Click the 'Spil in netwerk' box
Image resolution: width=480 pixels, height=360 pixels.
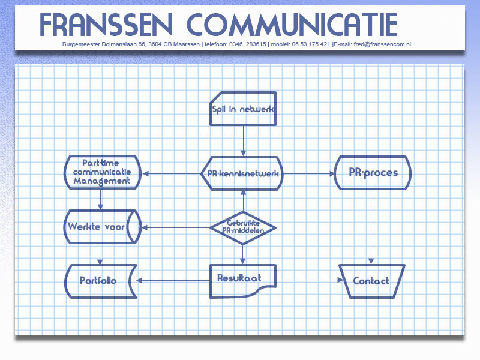click(x=243, y=109)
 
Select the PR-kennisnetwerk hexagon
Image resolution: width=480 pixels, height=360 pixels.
click(x=242, y=173)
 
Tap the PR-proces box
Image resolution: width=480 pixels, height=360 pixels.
click(x=373, y=173)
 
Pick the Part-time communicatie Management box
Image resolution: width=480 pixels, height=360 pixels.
click(x=103, y=172)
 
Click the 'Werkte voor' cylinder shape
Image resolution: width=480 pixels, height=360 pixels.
click(x=103, y=227)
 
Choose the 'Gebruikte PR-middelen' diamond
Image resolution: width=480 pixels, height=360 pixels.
click(x=243, y=228)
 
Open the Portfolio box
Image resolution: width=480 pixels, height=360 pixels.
click(x=101, y=281)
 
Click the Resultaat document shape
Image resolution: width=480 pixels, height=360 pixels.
click(x=243, y=281)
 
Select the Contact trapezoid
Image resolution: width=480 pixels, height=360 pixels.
click(x=372, y=281)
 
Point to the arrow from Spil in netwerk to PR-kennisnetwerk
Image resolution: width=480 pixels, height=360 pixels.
click(x=244, y=141)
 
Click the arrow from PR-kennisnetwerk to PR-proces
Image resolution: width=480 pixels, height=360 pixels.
click(x=309, y=173)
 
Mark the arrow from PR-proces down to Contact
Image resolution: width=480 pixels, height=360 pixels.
click(x=371, y=227)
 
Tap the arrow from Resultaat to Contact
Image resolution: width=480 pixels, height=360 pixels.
click(x=310, y=280)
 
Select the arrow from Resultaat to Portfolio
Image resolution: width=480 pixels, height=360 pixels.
click(x=173, y=280)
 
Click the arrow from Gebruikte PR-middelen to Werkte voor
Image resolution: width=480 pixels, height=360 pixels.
click(x=176, y=228)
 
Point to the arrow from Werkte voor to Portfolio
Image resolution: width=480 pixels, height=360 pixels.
click(x=100, y=254)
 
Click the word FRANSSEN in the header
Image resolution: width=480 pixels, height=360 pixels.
click(x=106, y=25)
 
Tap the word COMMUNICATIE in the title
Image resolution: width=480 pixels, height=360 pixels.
click(x=292, y=25)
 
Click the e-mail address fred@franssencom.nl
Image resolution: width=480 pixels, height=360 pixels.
click(x=382, y=44)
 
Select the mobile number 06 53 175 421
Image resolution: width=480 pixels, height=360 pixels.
click(x=311, y=44)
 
